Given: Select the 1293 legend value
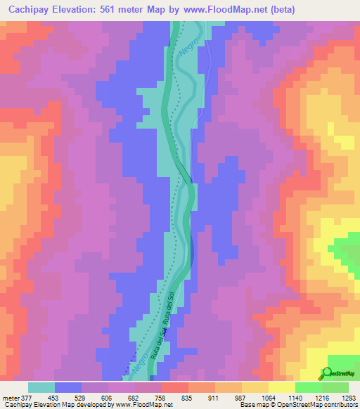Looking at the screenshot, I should point(347,397).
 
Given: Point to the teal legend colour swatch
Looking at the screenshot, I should point(41,387).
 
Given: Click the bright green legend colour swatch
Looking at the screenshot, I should point(308,387).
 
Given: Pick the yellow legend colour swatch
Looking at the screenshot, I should point(281,387).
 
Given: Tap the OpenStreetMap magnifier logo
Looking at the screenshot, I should point(327,373).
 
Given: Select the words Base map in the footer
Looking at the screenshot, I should point(251,405).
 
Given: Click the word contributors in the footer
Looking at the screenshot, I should point(340,405).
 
